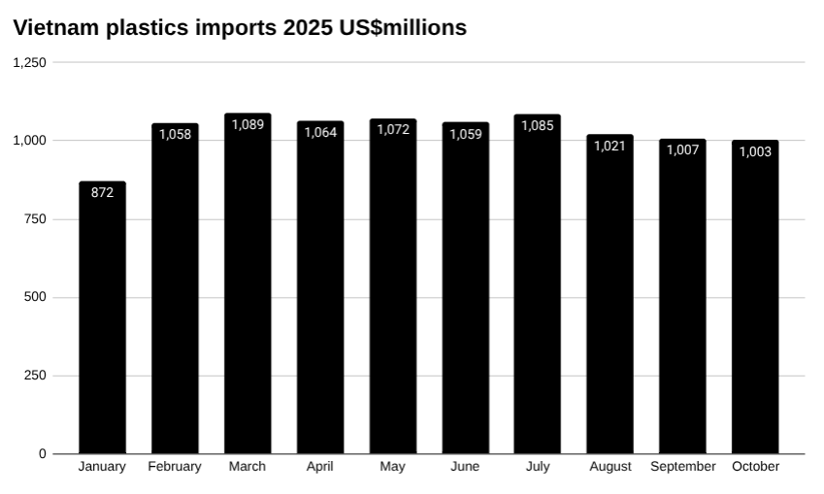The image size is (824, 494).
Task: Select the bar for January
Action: [x=102, y=320]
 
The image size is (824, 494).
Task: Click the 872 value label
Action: [x=102, y=192]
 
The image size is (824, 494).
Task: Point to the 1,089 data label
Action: [x=247, y=124]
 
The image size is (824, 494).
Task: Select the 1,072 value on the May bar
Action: [x=392, y=130]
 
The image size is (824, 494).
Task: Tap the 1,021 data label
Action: [x=610, y=146]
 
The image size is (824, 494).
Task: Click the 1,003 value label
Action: [x=755, y=151]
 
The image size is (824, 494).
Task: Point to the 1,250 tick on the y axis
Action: [x=29, y=62]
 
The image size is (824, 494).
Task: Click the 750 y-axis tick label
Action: [x=35, y=219]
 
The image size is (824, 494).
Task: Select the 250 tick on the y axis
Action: [x=35, y=376]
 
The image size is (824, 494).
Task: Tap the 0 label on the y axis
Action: [x=42, y=454]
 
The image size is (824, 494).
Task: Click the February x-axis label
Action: [x=175, y=467]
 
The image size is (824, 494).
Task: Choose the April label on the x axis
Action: [x=319, y=467]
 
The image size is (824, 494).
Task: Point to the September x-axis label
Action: [x=683, y=467]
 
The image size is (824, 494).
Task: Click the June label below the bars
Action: [x=465, y=467]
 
